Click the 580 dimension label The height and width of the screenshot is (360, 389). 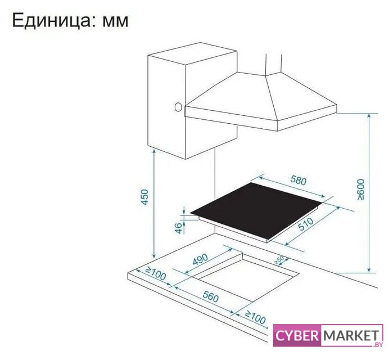[298, 182]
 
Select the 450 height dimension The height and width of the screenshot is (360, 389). [145, 197]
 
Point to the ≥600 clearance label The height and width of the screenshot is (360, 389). [360, 190]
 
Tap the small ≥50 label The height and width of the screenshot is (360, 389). [279, 260]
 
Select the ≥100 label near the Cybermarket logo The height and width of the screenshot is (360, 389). [255, 318]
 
